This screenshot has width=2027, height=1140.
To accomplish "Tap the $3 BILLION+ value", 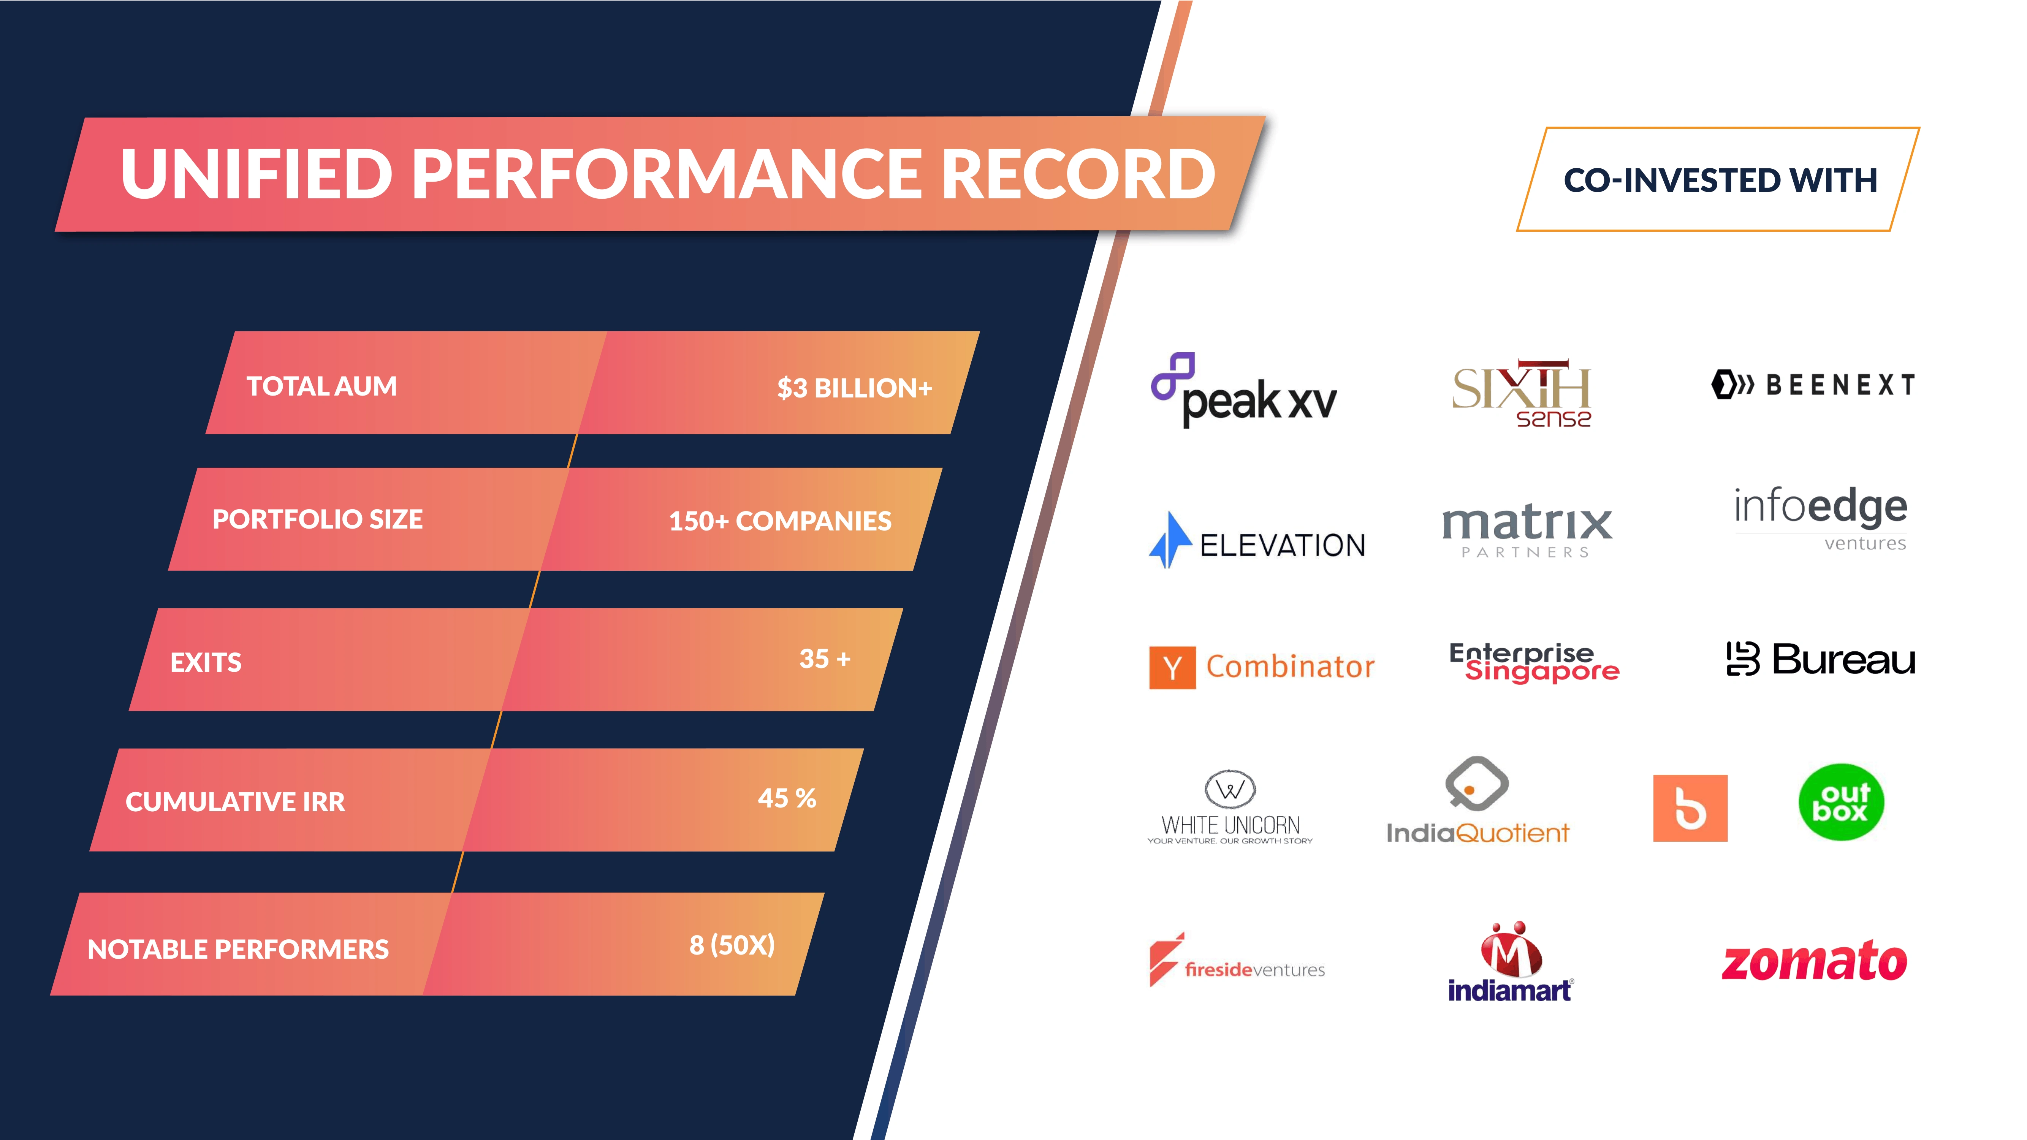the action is pos(855,388).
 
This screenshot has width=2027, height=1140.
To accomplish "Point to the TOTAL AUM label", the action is pos(322,386).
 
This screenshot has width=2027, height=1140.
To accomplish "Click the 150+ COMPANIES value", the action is pos(780,521).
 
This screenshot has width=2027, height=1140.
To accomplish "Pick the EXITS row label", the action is pos(206,662).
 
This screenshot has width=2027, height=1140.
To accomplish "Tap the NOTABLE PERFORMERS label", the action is pos(238,949).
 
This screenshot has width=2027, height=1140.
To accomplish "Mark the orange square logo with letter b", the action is pos(1690,808).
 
